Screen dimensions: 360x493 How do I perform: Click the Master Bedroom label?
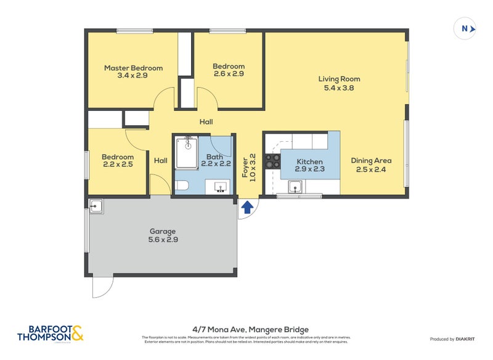133,68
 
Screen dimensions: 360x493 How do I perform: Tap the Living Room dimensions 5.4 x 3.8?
339,88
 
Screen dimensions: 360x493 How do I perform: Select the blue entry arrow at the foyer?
246,207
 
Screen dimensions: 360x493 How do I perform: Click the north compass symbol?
465,28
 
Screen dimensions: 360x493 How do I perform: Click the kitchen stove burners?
272,162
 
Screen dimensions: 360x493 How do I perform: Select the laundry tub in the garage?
96,206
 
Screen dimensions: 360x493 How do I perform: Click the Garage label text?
163,232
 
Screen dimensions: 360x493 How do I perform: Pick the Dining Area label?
371,161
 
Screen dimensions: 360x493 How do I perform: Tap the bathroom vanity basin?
220,186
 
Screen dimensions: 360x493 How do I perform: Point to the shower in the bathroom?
185,152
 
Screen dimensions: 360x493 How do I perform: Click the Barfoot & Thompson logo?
50,333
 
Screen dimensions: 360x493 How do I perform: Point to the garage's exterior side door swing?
102,285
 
